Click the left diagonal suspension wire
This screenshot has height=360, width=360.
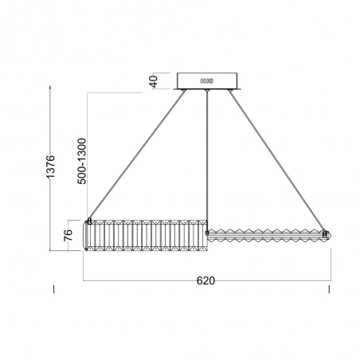pos(135,155)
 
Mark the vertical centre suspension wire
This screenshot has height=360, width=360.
pos(207,159)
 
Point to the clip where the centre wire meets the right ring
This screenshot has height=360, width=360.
pos(208,231)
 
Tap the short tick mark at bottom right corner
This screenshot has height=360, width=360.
pos(329,288)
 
